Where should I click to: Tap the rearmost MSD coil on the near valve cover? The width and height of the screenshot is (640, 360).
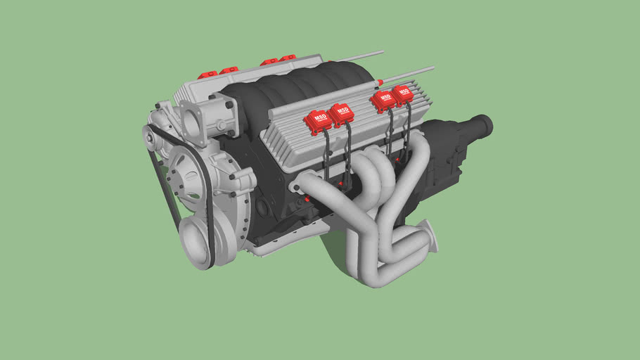[404, 95]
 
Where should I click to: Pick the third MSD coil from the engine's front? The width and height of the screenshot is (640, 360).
[383, 101]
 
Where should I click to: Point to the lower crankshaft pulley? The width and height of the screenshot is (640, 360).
[196, 241]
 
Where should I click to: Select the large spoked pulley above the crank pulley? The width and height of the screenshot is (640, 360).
[186, 179]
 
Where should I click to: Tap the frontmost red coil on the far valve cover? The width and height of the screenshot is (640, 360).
[206, 74]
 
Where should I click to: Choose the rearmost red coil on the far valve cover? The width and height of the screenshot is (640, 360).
[287, 58]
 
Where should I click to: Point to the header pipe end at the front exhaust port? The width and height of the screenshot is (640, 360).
[301, 187]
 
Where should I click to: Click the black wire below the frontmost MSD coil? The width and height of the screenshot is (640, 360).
[326, 158]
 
